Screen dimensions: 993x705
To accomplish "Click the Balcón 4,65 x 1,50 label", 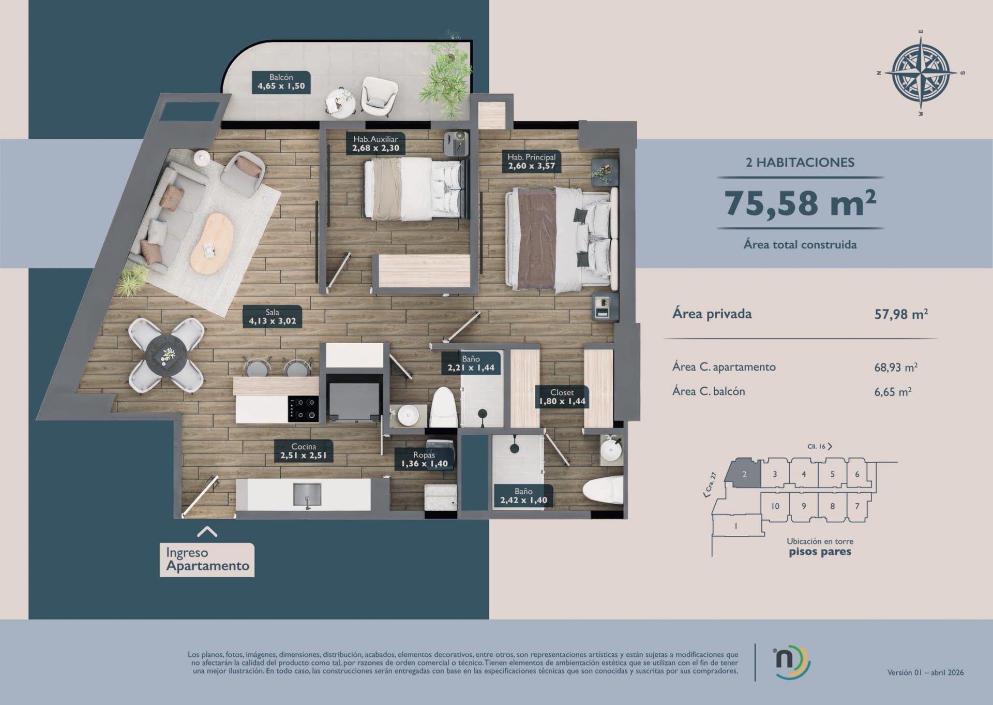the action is [x=281, y=82].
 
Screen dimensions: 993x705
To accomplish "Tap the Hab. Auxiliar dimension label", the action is [x=375, y=143].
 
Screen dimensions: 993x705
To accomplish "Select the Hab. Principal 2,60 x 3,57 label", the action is [x=531, y=161].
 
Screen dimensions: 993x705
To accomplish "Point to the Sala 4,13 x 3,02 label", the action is [x=273, y=316].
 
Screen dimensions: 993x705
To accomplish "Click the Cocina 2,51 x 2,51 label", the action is [x=304, y=451].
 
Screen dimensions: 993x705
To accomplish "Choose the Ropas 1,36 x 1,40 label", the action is [x=424, y=459].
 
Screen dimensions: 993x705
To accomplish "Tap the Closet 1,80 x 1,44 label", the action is [x=562, y=396].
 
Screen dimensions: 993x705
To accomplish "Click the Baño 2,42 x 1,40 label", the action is [x=523, y=495].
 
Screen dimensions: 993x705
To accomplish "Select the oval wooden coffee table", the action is [x=212, y=243].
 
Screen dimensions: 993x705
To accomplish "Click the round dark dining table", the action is [x=166, y=355].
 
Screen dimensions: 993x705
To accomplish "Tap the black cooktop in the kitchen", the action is [x=304, y=409].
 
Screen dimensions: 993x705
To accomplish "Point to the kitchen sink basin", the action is [x=307, y=494].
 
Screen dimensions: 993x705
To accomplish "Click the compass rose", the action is [x=921, y=72].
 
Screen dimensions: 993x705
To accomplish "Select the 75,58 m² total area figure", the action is [x=800, y=203].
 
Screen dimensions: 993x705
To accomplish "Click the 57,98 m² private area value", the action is [x=901, y=314].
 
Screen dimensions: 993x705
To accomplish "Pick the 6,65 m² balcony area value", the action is [x=893, y=392].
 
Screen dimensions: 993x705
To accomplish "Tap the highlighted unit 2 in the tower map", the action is [x=743, y=473].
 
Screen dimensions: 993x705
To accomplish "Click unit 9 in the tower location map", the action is [x=804, y=506].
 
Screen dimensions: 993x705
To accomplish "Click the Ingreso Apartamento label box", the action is [x=207, y=560].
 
